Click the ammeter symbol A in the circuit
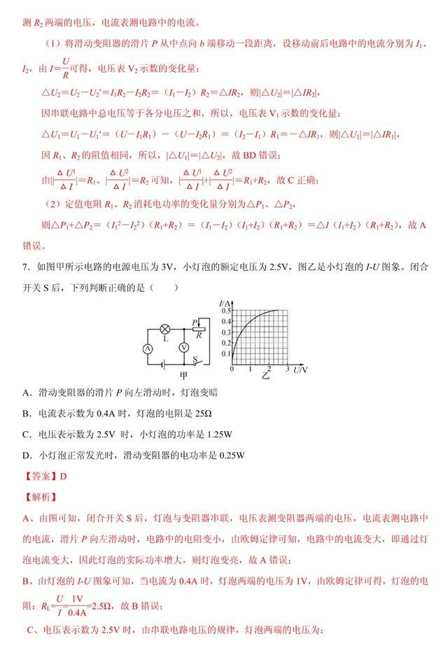click(x=148, y=348)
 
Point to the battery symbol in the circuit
click(x=164, y=364)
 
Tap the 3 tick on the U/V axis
click(x=288, y=368)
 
